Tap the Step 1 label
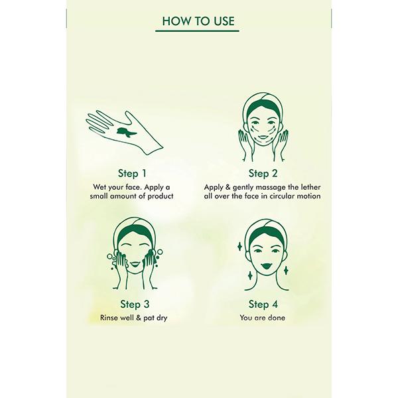pyautogui.click(x=133, y=173)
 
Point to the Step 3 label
pyautogui.click(x=133, y=304)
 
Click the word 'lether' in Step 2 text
pyautogui.click(x=308, y=186)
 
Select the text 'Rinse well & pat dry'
pyautogui.click(x=133, y=318)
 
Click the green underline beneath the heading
pyautogui.click(x=199, y=31)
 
